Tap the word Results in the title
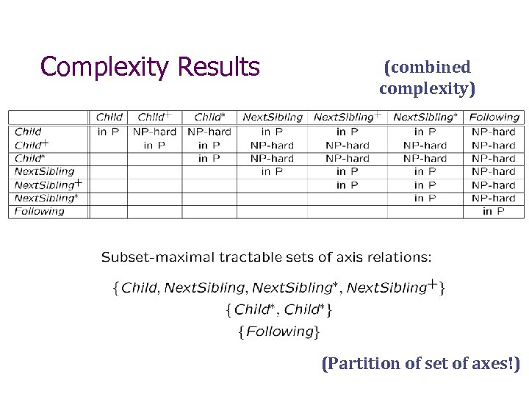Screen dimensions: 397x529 point(219,67)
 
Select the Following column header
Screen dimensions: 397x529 point(494,117)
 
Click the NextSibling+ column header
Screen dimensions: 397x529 point(348,117)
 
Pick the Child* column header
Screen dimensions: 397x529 point(209,117)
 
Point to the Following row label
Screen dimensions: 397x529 point(40,211)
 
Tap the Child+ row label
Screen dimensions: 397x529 point(32,145)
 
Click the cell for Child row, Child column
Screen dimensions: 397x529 point(109,132)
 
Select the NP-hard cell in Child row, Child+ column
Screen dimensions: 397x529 point(154,132)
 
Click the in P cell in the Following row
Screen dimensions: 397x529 point(494,211)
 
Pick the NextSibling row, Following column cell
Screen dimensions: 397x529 point(494,171)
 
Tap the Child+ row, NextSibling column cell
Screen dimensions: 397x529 point(272,145)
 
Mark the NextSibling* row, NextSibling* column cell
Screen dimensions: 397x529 point(425,198)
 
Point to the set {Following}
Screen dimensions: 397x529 point(278,332)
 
